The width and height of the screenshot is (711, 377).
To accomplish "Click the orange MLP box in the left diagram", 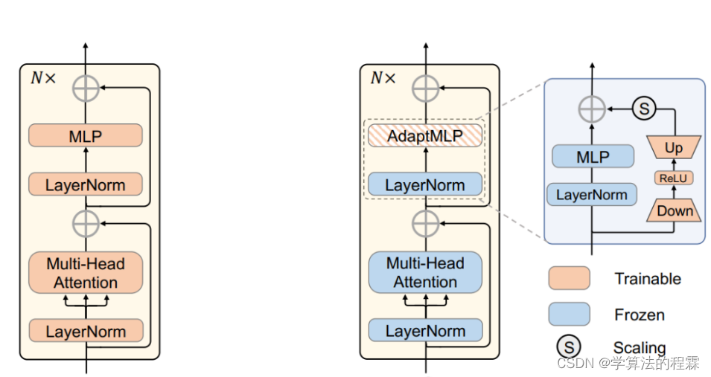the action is coord(86,135).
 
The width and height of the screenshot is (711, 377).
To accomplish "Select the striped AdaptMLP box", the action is coord(425,135).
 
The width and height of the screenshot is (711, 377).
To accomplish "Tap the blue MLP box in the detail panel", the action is coord(593,157).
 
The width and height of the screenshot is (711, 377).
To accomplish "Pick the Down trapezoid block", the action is coord(675,210).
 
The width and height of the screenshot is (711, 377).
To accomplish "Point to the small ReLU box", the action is coord(673,178).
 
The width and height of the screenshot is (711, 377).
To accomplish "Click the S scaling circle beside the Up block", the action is coord(644,109).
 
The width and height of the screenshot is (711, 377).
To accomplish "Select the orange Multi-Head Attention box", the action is coord(86,273).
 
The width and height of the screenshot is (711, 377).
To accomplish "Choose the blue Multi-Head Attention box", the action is coord(425,272).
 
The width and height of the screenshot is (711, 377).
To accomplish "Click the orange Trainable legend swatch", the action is coord(569,278).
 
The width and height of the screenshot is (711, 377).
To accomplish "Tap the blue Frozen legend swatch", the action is coord(569,314).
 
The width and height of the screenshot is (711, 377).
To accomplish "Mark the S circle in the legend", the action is coord(569,347).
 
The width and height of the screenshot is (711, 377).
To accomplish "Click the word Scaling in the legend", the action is coord(640,347).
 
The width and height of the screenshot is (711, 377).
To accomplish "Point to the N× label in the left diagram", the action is coord(43,78).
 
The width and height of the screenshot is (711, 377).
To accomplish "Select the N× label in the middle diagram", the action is coord(383,78).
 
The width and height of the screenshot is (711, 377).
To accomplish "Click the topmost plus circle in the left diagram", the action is coord(86,88).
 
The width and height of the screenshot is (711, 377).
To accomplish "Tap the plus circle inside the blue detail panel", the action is coord(592,109).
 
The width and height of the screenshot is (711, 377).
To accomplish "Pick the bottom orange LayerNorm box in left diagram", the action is coord(86,331).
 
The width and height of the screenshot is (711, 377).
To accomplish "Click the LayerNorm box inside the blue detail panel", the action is coord(592,195).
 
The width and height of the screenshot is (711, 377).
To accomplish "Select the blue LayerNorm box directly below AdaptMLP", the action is coord(425,184).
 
